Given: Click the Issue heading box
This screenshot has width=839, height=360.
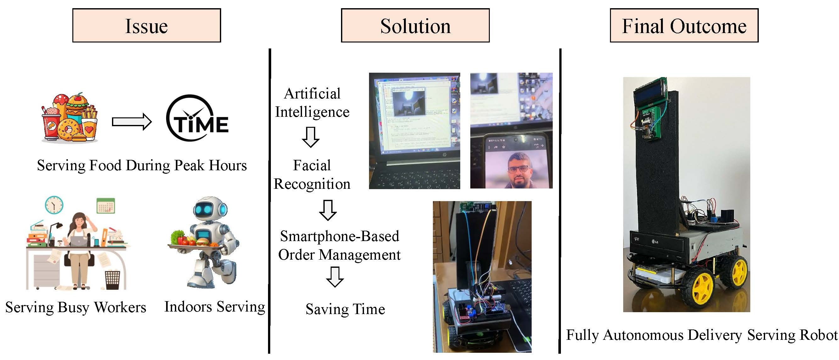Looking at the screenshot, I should click(x=147, y=25).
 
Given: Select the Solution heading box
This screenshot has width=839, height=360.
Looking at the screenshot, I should click(x=415, y=25).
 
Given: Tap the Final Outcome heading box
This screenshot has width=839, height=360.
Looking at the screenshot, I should click(x=684, y=25).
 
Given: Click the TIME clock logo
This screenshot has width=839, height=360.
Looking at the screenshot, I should click(x=197, y=118).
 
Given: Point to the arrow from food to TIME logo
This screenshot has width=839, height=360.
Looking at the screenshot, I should click(x=131, y=122).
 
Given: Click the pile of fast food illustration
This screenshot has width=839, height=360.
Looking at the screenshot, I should click(x=70, y=118).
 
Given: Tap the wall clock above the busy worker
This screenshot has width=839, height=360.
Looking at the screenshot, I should click(x=54, y=205).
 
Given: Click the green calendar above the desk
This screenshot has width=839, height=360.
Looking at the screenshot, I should click(x=105, y=206).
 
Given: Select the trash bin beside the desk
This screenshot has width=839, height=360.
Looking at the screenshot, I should click(x=112, y=280).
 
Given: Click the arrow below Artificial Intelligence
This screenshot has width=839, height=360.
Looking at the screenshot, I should click(x=310, y=137).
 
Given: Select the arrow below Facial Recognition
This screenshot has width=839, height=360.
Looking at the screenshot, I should click(x=328, y=210).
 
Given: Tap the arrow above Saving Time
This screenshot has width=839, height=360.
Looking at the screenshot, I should click(x=335, y=277).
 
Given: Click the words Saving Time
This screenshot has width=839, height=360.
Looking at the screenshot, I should click(x=345, y=309).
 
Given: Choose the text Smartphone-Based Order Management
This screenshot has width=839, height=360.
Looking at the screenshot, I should click(x=339, y=245).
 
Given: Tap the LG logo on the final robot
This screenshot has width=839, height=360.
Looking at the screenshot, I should click(x=655, y=242).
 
